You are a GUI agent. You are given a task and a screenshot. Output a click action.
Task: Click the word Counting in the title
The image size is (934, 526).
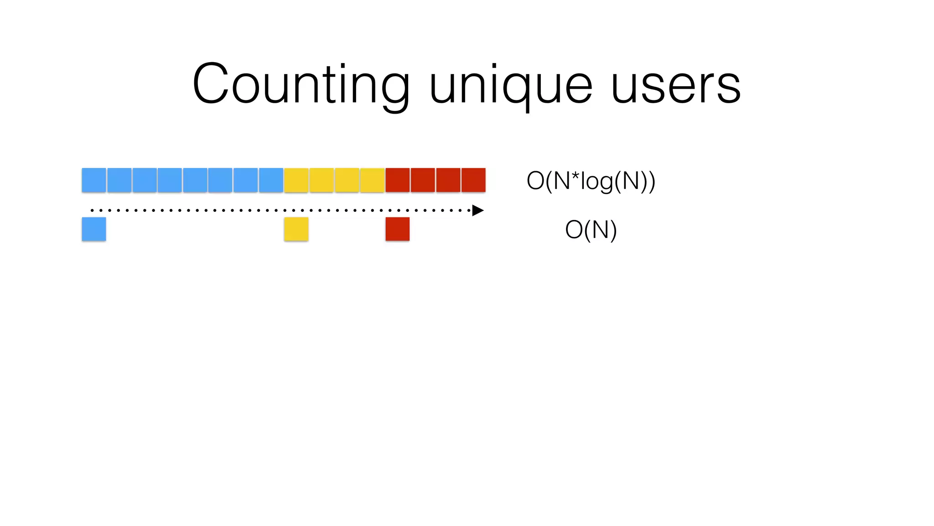(301, 85)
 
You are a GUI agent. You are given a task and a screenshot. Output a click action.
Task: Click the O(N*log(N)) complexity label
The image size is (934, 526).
(591, 181)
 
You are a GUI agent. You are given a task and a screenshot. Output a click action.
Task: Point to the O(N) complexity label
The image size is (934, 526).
(591, 230)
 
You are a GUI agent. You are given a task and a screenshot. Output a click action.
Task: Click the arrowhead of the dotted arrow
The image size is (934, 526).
(477, 210)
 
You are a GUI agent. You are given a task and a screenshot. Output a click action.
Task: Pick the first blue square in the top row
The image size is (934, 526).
(94, 180)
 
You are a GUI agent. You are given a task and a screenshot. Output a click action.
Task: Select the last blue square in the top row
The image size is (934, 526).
(271, 180)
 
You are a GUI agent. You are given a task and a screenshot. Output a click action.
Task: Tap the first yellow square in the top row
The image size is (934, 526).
(296, 180)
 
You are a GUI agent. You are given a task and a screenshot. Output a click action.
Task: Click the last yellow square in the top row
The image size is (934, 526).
(372, 180)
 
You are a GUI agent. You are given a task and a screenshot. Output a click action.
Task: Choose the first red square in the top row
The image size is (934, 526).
(397, 180)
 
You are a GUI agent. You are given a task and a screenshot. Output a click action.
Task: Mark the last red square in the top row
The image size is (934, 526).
(473, 180)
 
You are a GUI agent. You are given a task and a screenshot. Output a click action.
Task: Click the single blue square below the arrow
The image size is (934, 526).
(94, 229)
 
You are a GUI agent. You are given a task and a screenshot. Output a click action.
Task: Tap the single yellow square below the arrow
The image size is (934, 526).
(296, 229)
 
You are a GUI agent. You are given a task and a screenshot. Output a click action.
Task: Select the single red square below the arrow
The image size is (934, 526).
(397, 229)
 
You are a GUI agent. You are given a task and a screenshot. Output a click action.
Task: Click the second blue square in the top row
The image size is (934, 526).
(119, 180)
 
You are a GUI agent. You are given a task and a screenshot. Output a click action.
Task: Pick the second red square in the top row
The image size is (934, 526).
(423, 180)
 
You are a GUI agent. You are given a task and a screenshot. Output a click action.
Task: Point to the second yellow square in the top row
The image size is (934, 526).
(322, 180)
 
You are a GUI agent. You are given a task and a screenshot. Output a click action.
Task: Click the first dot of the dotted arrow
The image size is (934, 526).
(92, 210)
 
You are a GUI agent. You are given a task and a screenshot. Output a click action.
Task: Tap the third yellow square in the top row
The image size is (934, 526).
(347, 180)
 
